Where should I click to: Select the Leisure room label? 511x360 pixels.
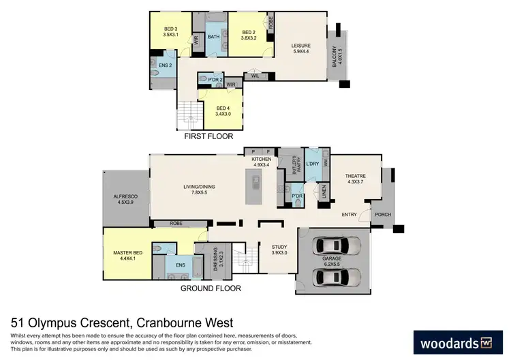[x=300, y=46]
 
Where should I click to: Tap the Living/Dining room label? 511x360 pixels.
[x=196, y=189]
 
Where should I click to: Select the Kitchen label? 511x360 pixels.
[x=262, y=162]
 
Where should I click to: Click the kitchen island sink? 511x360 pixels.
[x=255, y=183]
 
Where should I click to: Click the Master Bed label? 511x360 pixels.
[x=126, y=256]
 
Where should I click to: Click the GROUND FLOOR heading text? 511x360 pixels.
[x=211, y=288]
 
